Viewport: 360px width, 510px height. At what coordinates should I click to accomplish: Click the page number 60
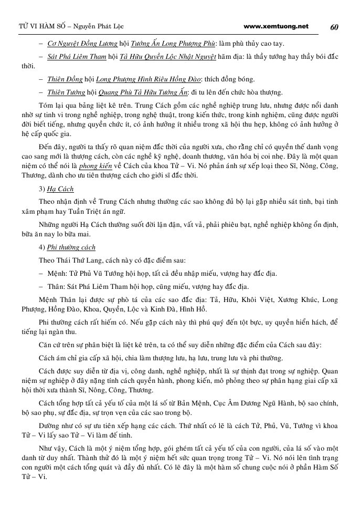point(334,27)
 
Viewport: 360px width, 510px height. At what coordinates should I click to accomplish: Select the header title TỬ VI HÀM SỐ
point(35,27)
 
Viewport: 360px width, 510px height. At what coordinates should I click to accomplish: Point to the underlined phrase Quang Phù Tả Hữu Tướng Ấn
point(149,92)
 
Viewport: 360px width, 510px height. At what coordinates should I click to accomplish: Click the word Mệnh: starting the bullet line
point(57,274)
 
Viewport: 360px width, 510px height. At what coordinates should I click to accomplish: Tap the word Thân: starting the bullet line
point(56,286)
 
